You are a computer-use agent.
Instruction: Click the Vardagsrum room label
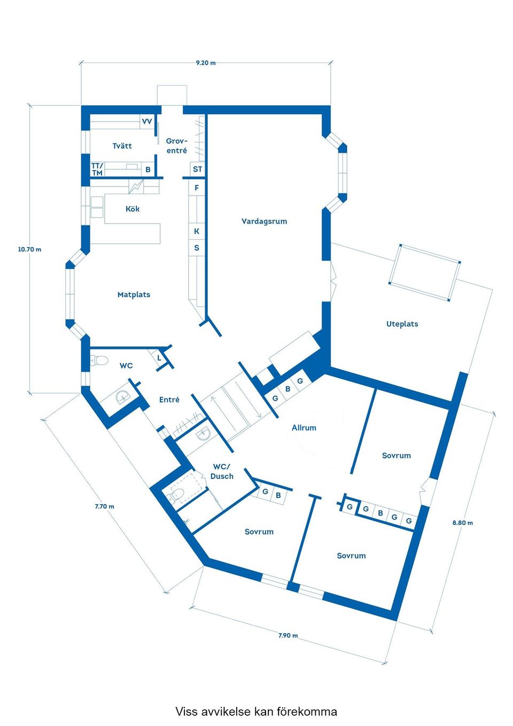coord(264,222)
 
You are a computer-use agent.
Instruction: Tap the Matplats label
coord(134,295)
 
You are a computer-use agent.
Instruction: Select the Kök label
coord(133,208)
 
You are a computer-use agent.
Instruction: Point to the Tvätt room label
coord(122,146)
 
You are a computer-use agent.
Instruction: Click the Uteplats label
coord(402,324)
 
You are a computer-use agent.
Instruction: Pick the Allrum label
coord(304,428)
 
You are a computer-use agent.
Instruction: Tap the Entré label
coord(169,400)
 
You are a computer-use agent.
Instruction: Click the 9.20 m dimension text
coord(206,63)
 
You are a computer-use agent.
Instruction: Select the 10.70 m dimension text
coord(30,250)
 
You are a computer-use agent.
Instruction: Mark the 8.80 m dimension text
coord(462,522)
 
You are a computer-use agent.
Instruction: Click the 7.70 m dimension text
coord(104,506)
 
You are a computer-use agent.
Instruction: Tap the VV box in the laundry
coord(147,121)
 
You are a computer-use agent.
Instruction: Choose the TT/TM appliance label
coord(97,169)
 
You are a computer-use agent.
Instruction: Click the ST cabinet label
coord(197,169)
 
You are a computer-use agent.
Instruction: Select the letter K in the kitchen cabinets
coord(197,231)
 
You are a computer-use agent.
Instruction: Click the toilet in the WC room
coord(99,360)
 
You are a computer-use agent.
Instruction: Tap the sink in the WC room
coord(123,396)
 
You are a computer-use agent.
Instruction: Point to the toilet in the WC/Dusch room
coord(175,496)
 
